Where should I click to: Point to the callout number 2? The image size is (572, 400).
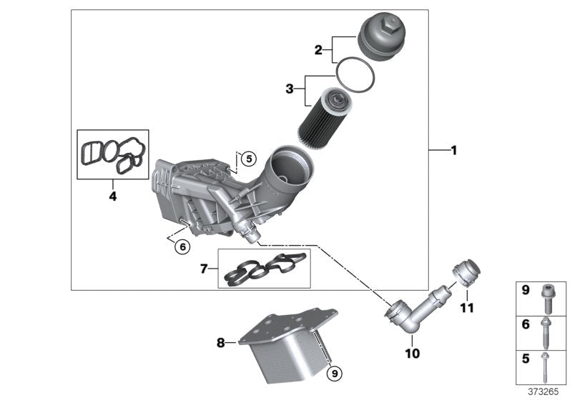click(319, 50)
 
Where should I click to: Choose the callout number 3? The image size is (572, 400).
click(289, 89)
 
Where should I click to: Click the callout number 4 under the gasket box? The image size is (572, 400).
click(112, 195)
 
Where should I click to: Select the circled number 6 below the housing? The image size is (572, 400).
click(182, 246)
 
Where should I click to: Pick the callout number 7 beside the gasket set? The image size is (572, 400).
click(204, 269)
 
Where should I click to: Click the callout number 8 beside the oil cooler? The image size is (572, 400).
click(220, 343)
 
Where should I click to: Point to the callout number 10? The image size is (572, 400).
click(413, 353)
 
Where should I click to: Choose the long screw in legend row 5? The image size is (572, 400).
click(544, 368)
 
